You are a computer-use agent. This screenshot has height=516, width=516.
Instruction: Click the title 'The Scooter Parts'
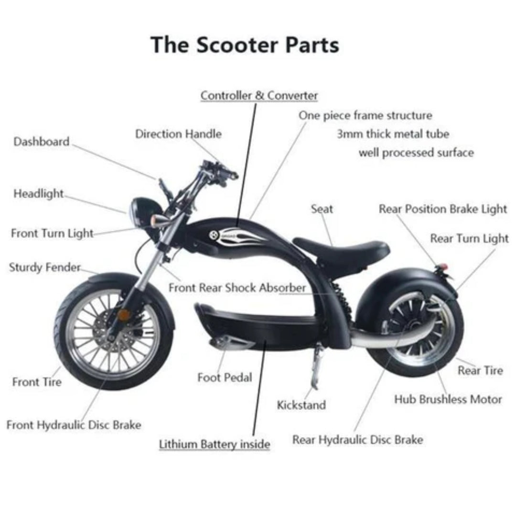pyautogui.click(x=245, y=45)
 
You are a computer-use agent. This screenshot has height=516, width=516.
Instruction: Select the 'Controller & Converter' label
pyautogui.click(x=259, y=95)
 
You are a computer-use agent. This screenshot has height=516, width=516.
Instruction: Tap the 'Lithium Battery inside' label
pyautogui.click(x=215, y=444)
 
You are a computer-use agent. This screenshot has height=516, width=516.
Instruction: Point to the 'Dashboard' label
pyautogui.click(x=41, y=142)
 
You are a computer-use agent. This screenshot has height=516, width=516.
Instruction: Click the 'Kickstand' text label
pyautogui.click(x=301, y=405)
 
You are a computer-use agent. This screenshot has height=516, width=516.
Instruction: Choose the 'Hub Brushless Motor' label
pyautogui.click(x=448, y=399)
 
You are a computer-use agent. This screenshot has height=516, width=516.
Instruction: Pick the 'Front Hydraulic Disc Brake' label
pyautogui.click(x=74, y=425)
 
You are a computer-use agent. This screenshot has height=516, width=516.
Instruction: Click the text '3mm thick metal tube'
pyautogui.click(x=393, y=134)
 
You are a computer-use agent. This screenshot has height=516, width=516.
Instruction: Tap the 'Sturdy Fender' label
pyautogui.click(x=45, y=268)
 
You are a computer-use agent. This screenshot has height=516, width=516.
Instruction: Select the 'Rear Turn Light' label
pyautogui.click(x=469, y=238)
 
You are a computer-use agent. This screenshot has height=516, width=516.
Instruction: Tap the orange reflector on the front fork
pyautogui.click(x=124, y=314)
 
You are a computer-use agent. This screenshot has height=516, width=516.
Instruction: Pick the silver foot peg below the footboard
pyautogui.click(x=232, y=342)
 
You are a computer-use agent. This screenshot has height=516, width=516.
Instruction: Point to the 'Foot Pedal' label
pyautogui.click(x=225, y=377)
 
